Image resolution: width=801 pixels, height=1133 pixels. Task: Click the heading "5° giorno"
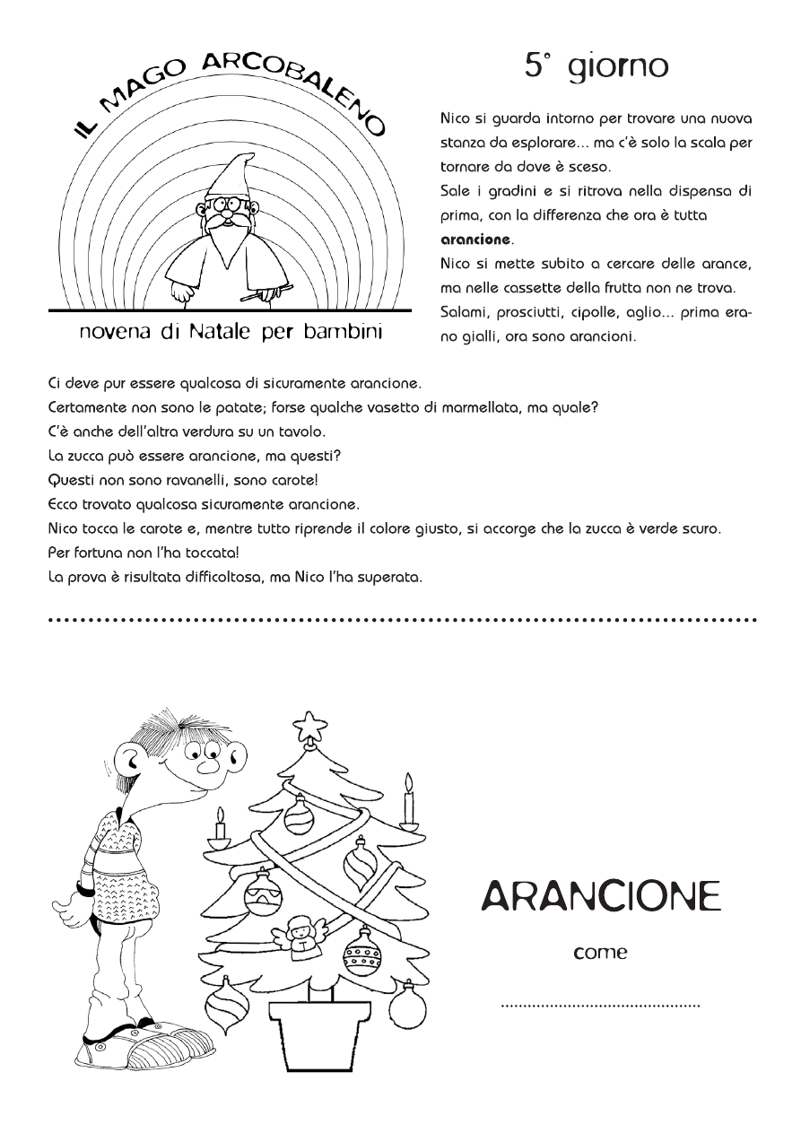596,65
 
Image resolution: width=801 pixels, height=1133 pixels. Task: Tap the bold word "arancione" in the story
475,240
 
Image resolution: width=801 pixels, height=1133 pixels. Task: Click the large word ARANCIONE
601,895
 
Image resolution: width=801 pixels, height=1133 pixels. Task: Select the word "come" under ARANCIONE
600,953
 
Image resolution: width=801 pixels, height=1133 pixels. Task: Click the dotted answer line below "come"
600,1006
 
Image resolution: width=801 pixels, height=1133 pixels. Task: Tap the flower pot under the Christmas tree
320,1023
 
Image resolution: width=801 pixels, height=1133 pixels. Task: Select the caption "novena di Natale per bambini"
231,333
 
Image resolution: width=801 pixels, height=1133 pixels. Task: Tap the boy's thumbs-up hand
70,897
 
